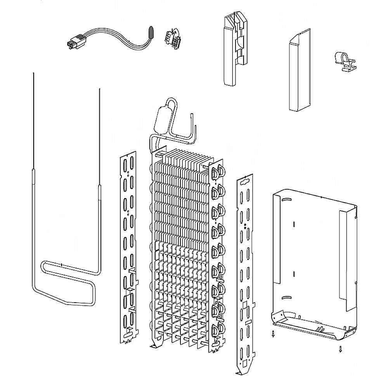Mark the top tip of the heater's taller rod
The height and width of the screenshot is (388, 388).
(33, 74)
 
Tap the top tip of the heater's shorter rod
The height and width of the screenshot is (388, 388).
(99, 90)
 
